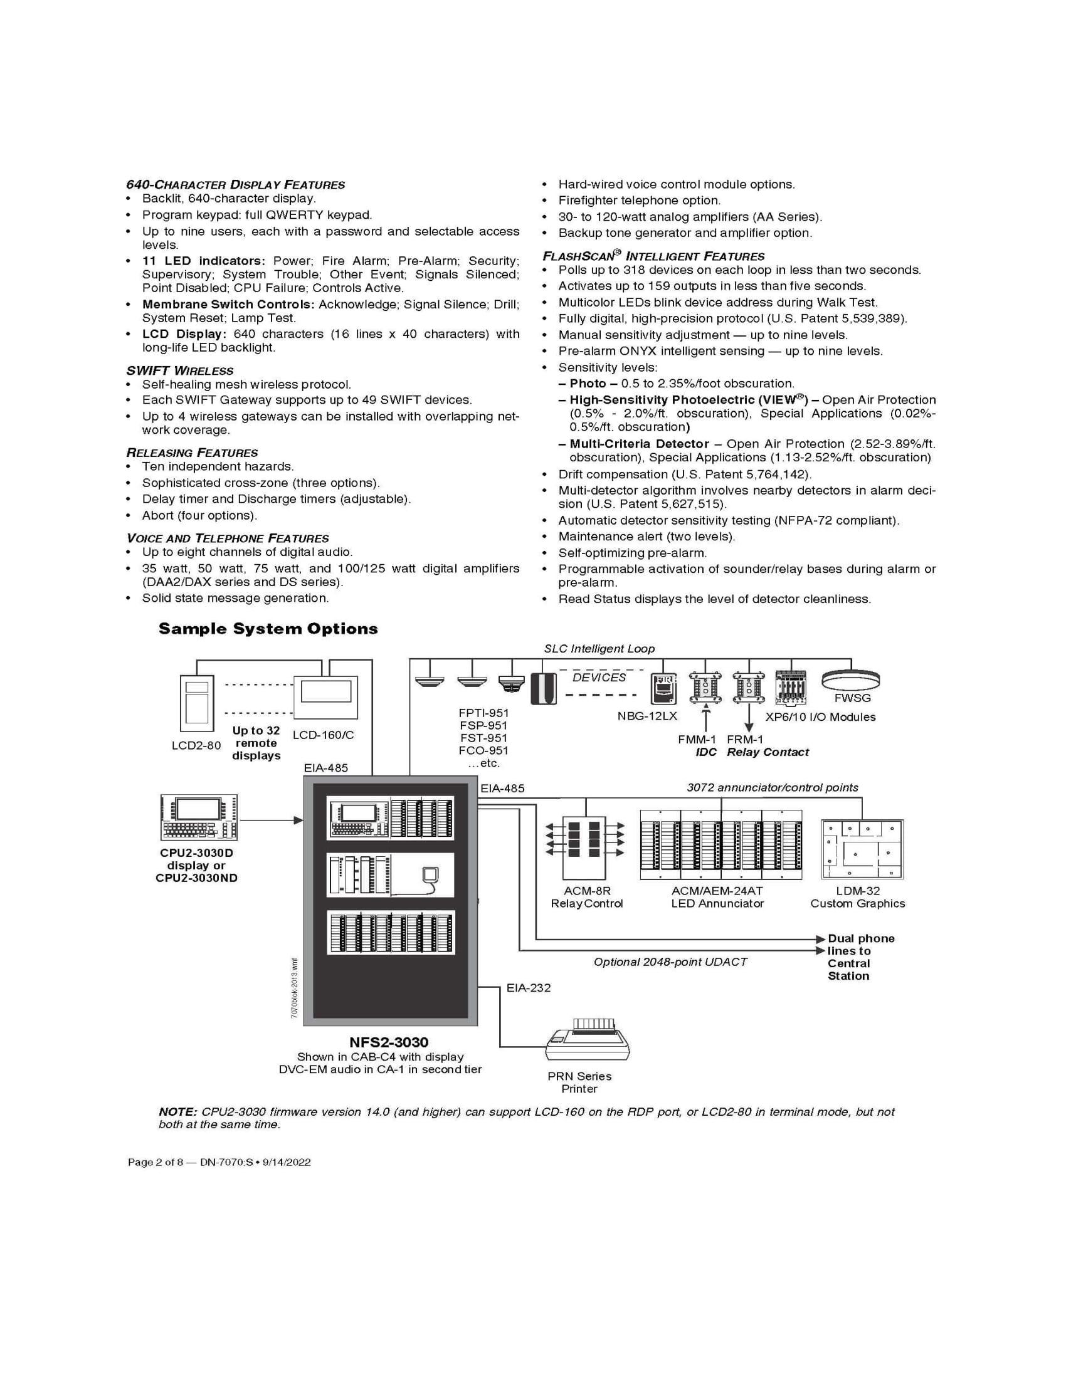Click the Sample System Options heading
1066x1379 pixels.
coord(268,628)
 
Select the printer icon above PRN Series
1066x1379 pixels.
coord(588,1039)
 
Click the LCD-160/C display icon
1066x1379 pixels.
coord(325,697)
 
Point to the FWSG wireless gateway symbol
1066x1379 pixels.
coord(851,679)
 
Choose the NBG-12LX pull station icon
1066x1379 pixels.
coord(663,688)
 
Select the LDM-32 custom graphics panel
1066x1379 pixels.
coord(862,849)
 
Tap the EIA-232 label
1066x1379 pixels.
coord(529,987)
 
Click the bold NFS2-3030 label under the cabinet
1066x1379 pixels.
coord(389,1042)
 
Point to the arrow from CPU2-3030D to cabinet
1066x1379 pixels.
coord(272,821)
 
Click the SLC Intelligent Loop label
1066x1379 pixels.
coord(599,649)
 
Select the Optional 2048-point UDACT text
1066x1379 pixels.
coord(670,962)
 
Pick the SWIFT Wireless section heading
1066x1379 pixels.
coord(180,370)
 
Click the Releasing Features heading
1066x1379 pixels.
coord(192,453)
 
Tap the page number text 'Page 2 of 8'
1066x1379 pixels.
coord(156,1162)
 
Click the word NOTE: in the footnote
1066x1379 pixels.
coord(178,1112)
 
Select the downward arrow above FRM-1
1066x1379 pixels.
coord(748,718)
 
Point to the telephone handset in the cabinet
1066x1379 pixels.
coord(430,874)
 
